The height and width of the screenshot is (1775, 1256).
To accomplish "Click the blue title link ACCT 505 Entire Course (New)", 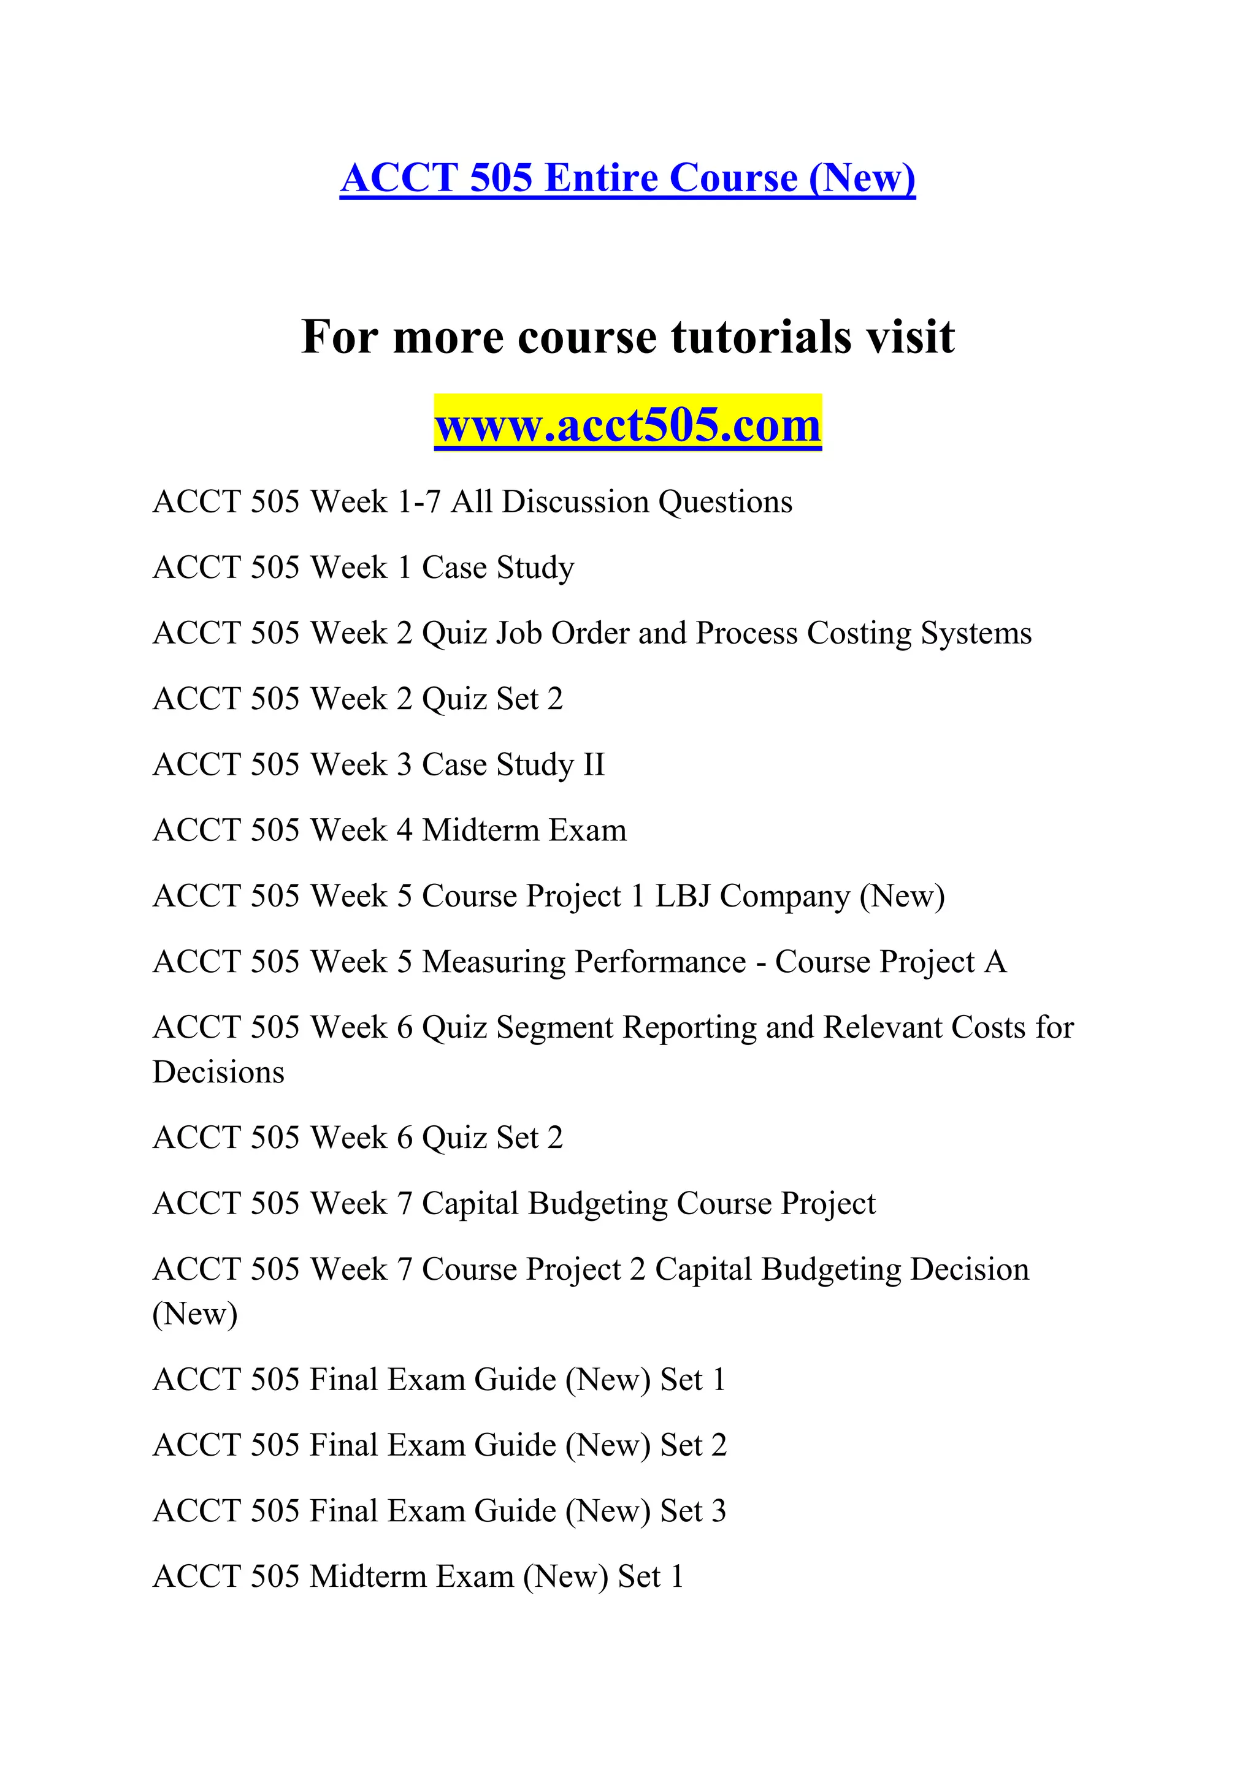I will click(627, 178).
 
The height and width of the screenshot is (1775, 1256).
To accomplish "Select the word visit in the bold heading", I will click(910, 337).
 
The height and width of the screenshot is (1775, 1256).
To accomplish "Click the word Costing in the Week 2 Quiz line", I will click(859, 634).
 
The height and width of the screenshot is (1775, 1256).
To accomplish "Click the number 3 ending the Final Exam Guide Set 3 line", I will click(719, 1512).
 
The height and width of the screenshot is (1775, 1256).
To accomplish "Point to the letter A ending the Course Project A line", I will click(995, 962).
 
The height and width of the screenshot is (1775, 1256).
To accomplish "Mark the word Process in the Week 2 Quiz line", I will click(746, 634).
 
